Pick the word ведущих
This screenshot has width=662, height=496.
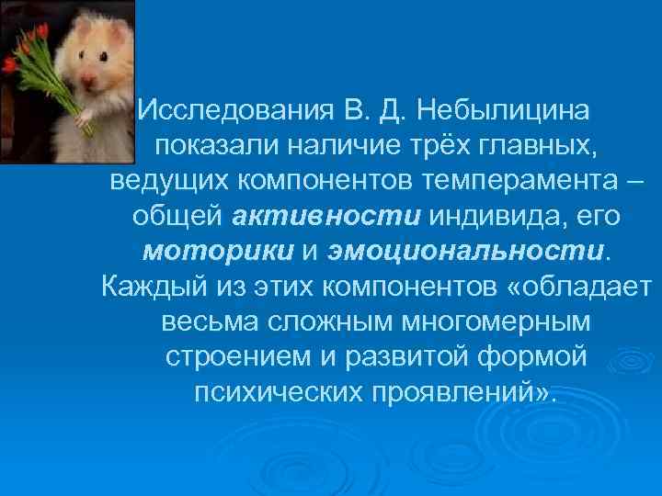(171, 180)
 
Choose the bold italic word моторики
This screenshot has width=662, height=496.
(219, 251)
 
